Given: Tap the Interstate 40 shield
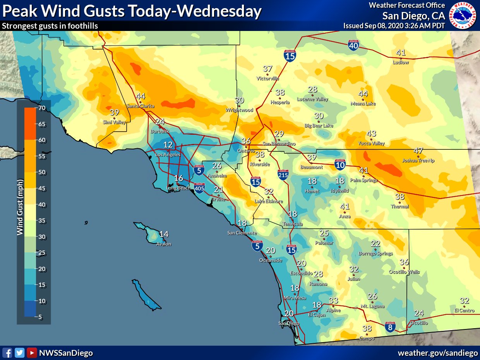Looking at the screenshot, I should pos(353,45).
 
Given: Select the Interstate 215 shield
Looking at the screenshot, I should pos(283,175).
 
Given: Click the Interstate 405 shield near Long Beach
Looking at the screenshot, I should pos(199,188).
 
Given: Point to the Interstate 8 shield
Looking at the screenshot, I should pos(390,327).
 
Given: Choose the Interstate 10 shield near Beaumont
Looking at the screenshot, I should pos(340,165).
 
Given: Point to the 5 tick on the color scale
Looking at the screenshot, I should pos(42,317).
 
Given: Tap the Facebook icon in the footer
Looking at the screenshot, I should pos(7,353).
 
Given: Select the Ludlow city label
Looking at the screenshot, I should pos(401,62).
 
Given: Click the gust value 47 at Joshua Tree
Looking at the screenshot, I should pos(418,151).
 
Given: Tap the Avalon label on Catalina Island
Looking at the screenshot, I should pos(163,244).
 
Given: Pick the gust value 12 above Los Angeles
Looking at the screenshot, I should pos(168,145).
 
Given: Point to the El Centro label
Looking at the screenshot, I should pos(465,310).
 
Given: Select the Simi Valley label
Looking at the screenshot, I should pos(115,122).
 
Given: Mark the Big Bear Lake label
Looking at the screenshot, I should pos(319,126).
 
